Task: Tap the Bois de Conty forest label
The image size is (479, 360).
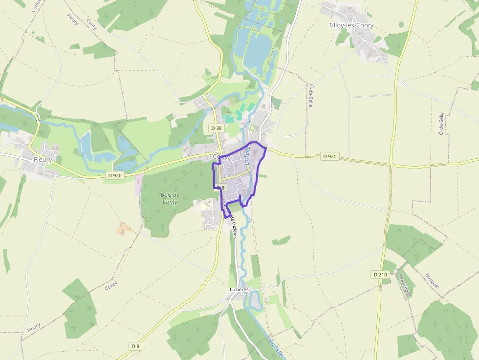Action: point(170,198)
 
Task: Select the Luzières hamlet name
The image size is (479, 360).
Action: point(239,290)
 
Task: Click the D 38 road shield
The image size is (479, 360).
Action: point(216,127)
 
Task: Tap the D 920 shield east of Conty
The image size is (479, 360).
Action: point(330,156)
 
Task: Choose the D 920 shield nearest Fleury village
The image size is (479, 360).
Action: point(114,175)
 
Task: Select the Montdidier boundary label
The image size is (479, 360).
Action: point(405,285)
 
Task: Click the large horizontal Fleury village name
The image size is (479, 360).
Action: point(43,160)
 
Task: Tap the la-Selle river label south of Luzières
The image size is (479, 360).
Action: point(276,347)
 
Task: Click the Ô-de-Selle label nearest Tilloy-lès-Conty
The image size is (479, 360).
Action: point(311,96)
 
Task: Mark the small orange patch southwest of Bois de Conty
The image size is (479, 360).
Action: point(124,228)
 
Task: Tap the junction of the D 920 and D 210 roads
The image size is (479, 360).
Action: point(391,166)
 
